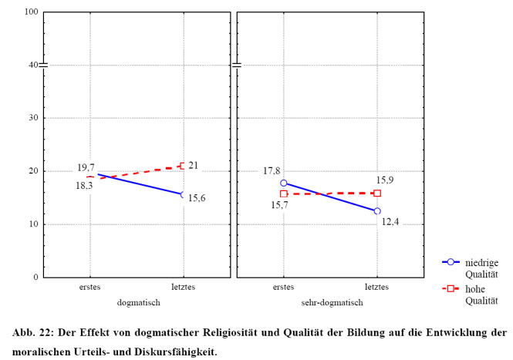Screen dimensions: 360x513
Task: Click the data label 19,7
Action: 86,167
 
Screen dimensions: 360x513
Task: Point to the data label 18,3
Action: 85,185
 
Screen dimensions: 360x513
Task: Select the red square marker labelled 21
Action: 183,166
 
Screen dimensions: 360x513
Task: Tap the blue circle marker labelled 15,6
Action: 183,195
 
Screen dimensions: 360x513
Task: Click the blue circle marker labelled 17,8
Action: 284,183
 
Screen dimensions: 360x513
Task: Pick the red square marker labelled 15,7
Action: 284,194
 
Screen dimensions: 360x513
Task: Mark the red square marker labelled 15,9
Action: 377,193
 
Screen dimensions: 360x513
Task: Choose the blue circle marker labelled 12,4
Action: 377,211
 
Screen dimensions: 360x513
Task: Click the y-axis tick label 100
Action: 32,12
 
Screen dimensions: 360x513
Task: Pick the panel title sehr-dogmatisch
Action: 330,303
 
